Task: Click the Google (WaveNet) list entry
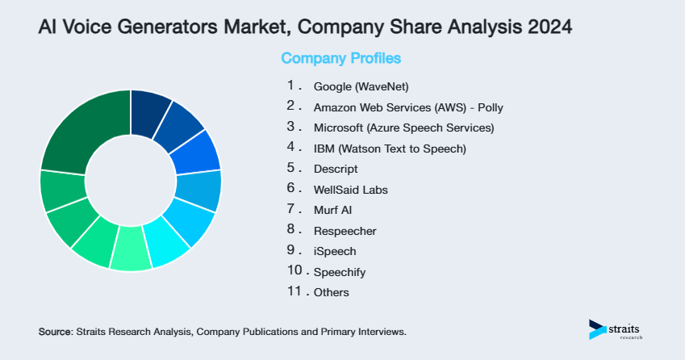356,86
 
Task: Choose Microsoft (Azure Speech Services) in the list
403,128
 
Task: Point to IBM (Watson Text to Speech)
390,149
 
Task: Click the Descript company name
335,170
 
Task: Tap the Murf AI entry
332,211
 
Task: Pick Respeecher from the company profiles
345,232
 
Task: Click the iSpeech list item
335,252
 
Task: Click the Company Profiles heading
340,59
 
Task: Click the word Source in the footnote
55,332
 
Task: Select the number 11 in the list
294,292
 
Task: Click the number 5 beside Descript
290,169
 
